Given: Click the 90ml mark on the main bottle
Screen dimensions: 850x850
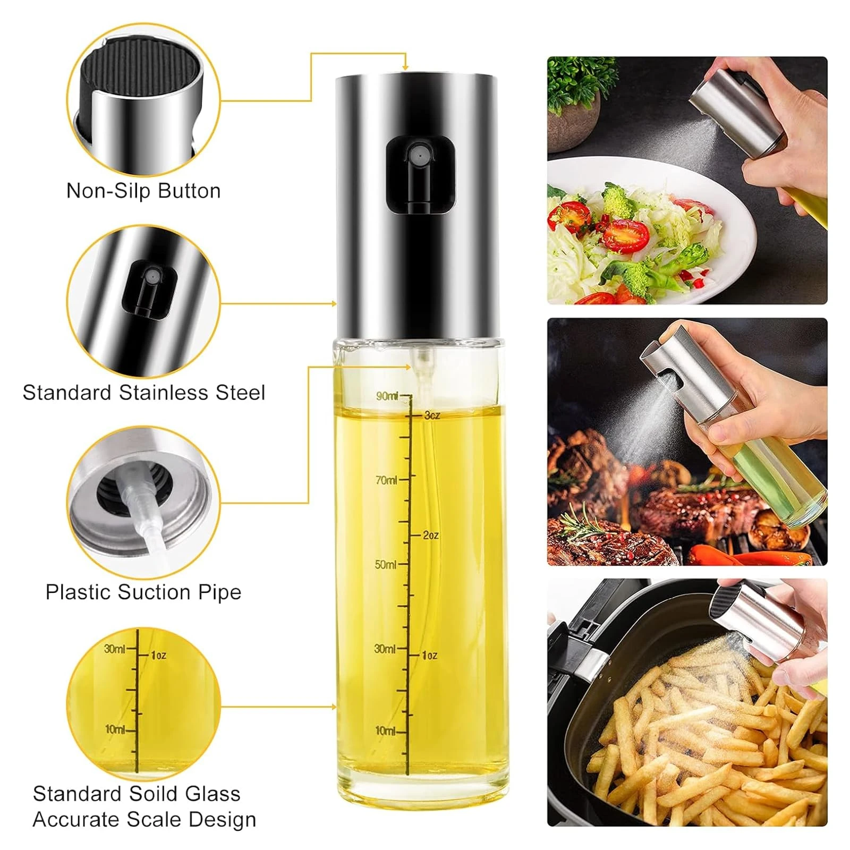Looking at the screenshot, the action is tap(387, 396).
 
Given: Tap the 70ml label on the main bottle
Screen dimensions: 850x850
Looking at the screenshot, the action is tap(386, 480).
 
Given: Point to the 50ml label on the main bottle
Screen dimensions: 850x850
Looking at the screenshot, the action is tap(386, 564).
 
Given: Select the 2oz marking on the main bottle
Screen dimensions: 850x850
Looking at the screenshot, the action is tap(431, 535).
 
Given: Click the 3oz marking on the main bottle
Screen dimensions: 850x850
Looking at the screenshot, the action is tap(432, 415).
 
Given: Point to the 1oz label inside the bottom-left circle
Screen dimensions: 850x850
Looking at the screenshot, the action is tap(158, 656).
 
